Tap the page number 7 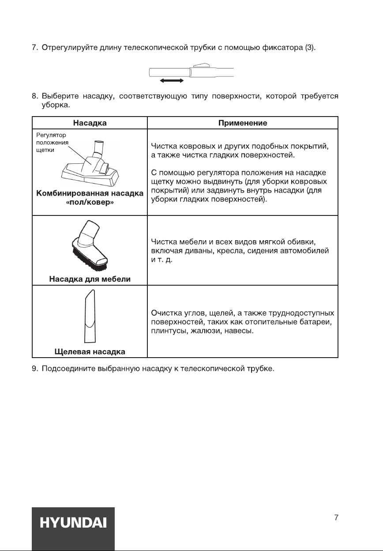pos(336,517)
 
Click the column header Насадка pos(90,123)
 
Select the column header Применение pos(243,123)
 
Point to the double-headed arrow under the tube pos(172,81)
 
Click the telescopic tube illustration pos(191,72)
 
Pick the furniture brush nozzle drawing pos(90,248)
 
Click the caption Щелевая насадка pos(90,351)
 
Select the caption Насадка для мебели pos(90,279)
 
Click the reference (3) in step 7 pos(310,48)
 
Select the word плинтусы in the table pos(166,331)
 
